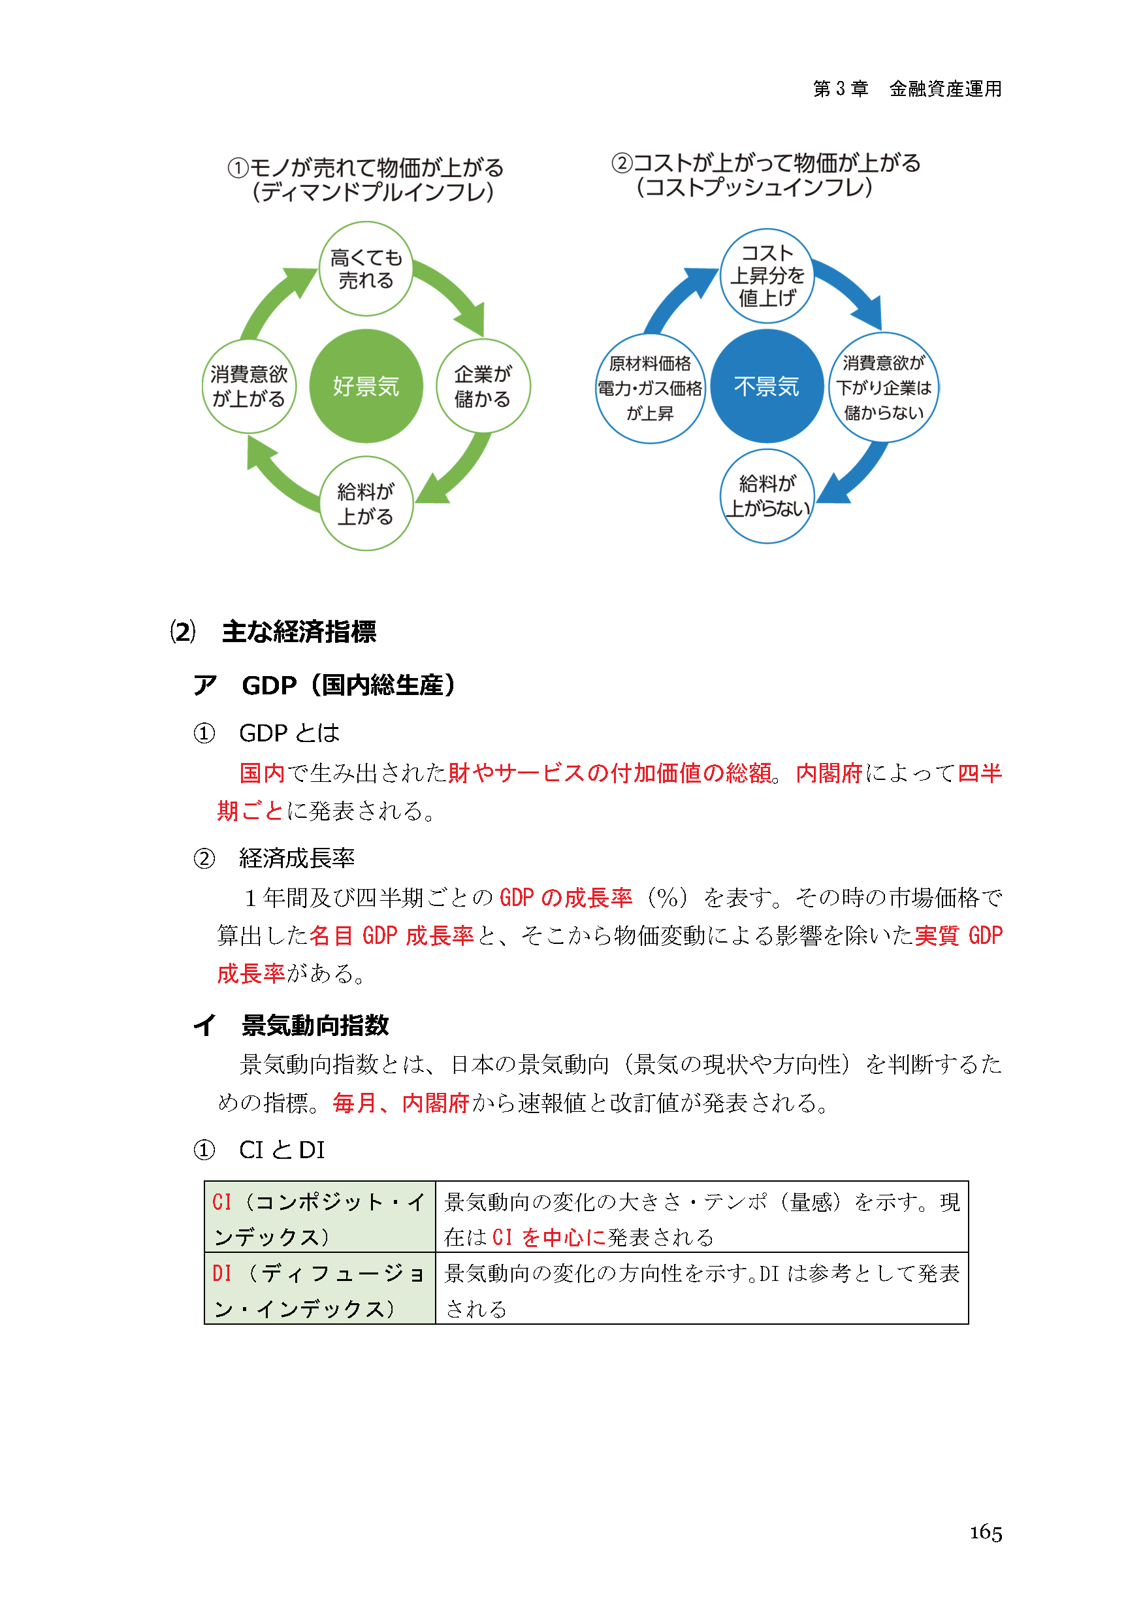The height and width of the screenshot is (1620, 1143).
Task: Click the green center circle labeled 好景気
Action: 366,386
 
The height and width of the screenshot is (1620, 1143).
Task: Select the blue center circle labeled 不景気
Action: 766,386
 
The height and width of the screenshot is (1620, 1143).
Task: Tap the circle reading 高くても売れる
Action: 366,269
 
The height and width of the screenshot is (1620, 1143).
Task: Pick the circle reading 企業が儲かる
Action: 483,386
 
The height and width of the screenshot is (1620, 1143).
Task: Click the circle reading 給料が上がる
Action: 366,503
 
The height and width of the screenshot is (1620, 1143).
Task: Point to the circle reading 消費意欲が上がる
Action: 248,386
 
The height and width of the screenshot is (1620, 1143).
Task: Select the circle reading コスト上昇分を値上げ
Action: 766,276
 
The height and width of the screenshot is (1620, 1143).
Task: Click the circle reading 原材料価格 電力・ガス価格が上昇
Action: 650,388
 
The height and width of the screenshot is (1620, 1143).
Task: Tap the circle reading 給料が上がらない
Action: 767,496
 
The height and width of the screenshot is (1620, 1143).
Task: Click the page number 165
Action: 985,1532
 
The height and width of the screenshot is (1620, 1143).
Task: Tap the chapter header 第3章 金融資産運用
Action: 907,89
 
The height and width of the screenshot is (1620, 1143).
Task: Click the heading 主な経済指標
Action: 298,632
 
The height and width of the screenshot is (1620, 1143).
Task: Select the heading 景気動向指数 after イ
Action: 315,1025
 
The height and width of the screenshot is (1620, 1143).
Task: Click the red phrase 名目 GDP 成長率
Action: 392,935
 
